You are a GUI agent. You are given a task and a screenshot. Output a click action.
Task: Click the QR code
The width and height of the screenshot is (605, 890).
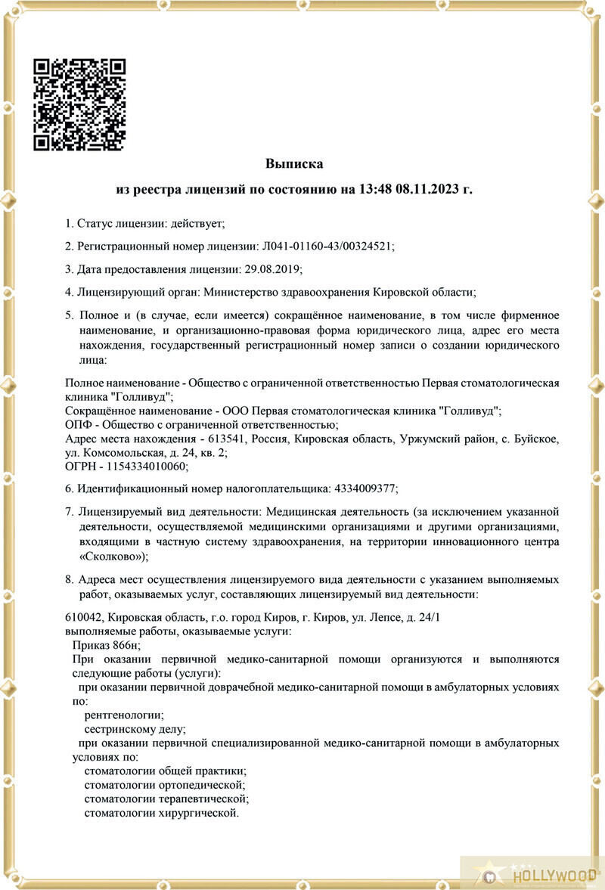click(x=80, y=104)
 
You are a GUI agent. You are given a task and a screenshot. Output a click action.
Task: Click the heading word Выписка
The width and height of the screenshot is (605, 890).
click(x=294, y=163)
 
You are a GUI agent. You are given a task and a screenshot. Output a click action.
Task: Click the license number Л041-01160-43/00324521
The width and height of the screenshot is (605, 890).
click(x=327, y=247)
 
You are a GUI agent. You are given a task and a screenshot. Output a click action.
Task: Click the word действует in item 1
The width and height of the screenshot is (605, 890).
click(x=197, y=224)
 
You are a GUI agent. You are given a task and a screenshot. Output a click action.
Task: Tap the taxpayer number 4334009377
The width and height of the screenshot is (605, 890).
click(x=364, y=488)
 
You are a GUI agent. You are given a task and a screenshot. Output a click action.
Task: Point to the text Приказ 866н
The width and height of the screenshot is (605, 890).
click(x=107, y=645)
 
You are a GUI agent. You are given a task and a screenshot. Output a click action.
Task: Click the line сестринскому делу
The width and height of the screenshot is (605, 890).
click(x=135, y=730)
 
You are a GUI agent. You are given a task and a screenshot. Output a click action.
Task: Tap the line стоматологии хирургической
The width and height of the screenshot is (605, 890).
click(x=161, y=813)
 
